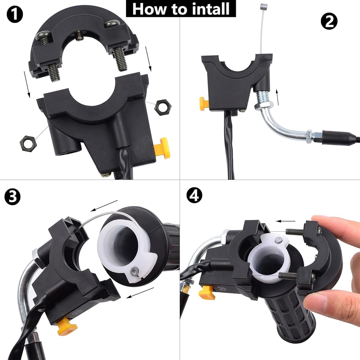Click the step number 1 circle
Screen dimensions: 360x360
15,14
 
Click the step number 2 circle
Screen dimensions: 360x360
329,21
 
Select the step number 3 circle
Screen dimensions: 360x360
12,197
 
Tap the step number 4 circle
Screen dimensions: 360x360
194,195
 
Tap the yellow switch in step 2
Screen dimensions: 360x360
204,104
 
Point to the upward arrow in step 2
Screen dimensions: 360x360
277,98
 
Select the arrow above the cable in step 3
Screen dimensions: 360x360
104,206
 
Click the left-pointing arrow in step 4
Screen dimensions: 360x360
285,221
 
